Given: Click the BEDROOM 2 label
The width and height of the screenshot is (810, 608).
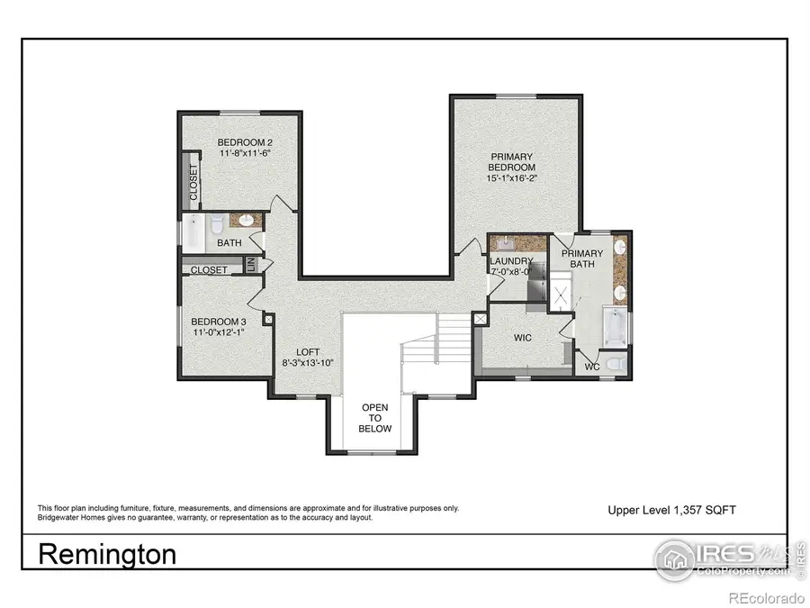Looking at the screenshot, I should point(245,142).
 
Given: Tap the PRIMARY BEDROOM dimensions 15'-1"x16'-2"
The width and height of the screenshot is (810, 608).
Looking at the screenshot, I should point(511,179).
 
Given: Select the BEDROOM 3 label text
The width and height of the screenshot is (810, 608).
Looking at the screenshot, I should point(218,322).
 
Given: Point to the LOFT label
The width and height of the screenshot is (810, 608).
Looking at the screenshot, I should point(309,352).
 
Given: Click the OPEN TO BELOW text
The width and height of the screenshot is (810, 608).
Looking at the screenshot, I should point(376,418).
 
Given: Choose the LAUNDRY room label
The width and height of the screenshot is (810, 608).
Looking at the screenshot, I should point(511,260).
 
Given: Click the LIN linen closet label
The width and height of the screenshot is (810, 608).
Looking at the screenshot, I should point(253,264).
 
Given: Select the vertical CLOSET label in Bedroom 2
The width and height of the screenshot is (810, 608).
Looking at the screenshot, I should point(193,184).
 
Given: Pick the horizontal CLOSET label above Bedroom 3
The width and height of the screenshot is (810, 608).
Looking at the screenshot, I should point(210,269).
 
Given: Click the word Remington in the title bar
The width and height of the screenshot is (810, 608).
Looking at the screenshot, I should point(107,554).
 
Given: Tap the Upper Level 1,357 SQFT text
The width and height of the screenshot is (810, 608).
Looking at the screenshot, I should point(671,510).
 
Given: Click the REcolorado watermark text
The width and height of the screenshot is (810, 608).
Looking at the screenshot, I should point(766,598).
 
